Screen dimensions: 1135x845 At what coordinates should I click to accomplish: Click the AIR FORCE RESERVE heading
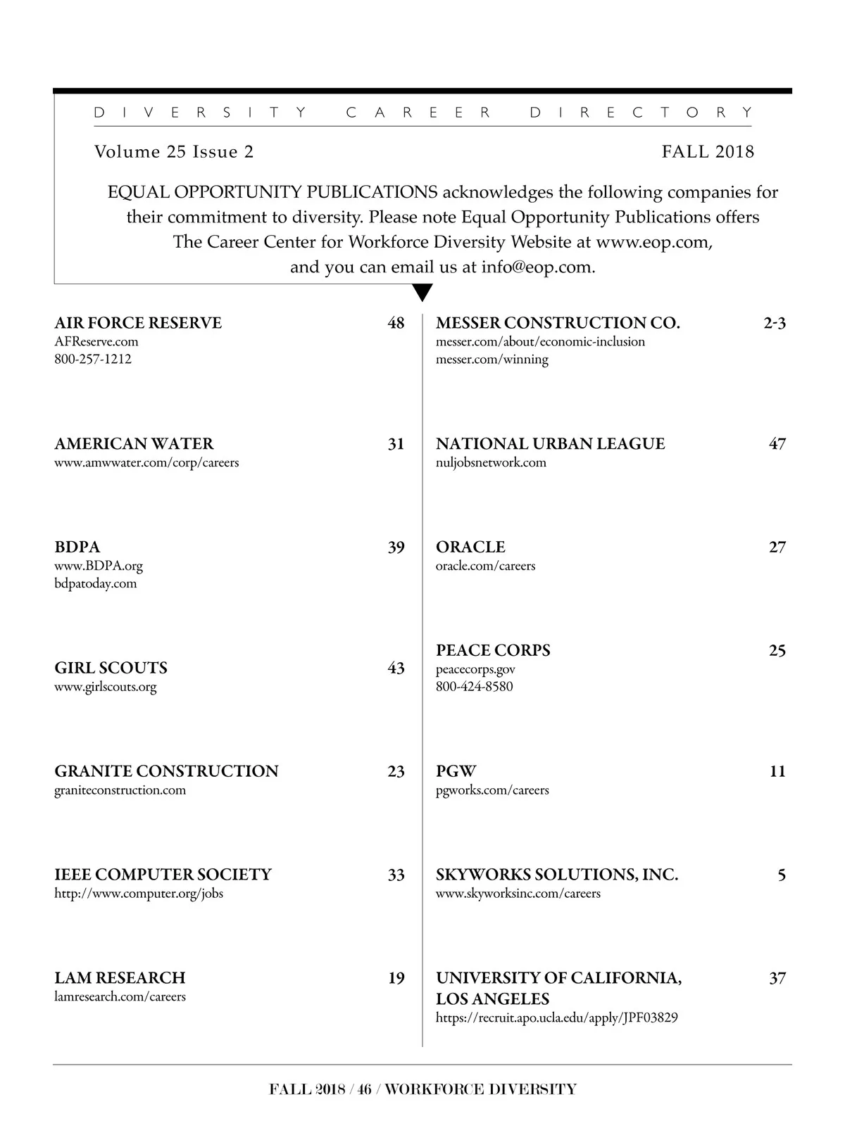pos(138,323)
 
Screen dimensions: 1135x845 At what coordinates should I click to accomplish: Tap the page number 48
pos(396,323)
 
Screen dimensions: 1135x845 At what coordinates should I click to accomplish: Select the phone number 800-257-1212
pos(93,359)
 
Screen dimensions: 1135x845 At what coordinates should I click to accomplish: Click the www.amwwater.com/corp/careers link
pos(146,462)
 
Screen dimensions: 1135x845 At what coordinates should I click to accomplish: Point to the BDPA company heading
pos(77,547)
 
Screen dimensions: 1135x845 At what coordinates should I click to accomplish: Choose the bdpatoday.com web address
pos(96,583)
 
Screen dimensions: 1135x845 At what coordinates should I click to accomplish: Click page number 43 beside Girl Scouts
pos(396,668)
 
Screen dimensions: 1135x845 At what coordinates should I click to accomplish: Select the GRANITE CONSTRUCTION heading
pos(166,771)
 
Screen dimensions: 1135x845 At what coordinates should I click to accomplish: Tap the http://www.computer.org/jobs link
pos(139,894)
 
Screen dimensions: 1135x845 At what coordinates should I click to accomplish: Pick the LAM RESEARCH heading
pos(120,978)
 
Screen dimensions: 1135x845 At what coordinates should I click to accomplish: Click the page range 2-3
pos(775,323)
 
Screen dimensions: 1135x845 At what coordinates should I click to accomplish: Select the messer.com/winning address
pos(492,360)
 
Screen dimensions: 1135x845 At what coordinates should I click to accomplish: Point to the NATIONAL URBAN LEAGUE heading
pos(550,444)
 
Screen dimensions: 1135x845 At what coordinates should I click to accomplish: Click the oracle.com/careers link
pos(485,566)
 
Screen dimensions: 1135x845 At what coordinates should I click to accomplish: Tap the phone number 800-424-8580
pos(475,687)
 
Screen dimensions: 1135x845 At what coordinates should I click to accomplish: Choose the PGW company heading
pos(456,771)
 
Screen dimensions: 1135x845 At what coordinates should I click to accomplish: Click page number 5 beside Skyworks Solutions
pos(782,875)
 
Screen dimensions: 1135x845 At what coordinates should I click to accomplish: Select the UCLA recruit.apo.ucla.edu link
pos(556,1018)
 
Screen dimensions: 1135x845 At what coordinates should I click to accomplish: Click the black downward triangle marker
pos(423,292)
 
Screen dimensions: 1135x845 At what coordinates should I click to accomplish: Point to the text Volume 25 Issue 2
pos(174,152)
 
